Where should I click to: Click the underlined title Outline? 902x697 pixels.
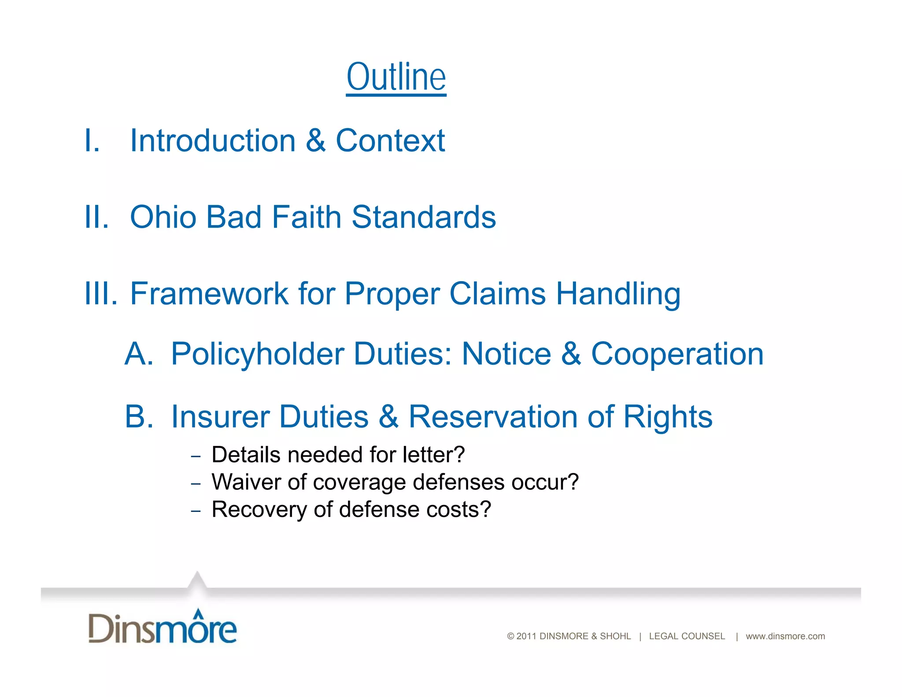(x=396, y=77)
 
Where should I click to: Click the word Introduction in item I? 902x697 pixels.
(x=213, y=141)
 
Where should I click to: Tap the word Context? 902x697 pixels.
(x=390, y=141)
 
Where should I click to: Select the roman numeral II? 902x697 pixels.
(x=96, y=217)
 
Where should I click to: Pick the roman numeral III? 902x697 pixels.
(x=101, y=293)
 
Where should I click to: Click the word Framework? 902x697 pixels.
(x=209, y=293)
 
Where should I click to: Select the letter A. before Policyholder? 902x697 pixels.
(x=139, y=354)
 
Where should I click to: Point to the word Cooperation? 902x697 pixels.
(x=677, y=354)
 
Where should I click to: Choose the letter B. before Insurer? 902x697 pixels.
(x=139, y=417)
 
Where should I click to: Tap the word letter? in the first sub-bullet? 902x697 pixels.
(x=433, y=455)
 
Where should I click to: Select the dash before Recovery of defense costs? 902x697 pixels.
(x=196, y=511)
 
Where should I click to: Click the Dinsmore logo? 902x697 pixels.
(x=163, y=627)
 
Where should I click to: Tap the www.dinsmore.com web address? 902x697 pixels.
(x=785, y=636)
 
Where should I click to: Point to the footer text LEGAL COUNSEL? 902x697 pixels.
(x=687, y=636)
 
